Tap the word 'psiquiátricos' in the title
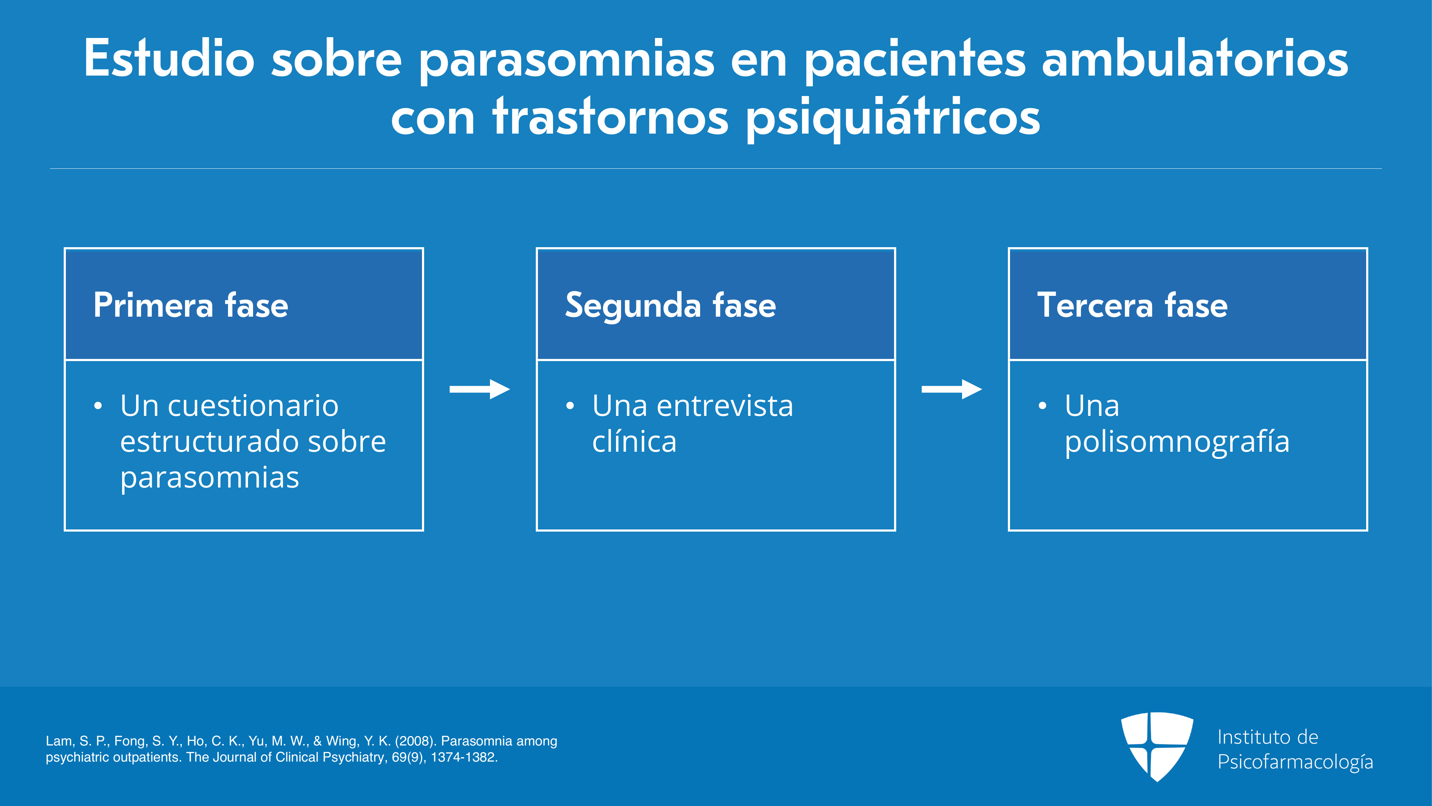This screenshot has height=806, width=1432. [x=892, y=118]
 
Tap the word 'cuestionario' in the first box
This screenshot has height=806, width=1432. [x=253, y=406]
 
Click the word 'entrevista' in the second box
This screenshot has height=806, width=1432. [x=725, y=406]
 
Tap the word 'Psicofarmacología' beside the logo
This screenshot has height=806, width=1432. [x=1295, y=762]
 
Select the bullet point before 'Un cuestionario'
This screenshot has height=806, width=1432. [x=98, y=406]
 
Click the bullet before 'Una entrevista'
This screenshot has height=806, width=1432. [x=570, y=406]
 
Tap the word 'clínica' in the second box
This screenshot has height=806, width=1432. [x=634, y=442]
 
